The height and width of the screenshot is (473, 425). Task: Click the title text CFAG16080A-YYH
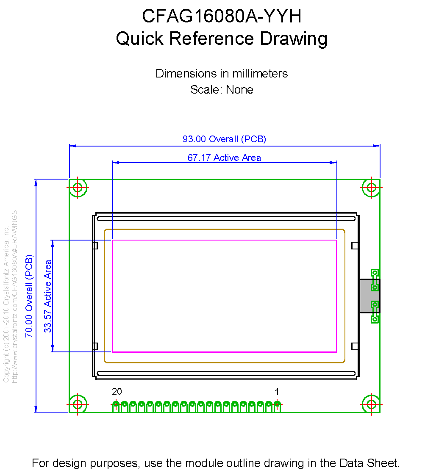pyautogui.click(x=222, y=17)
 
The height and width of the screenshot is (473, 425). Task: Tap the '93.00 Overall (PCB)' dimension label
pyautogui.click(x=224, y=139)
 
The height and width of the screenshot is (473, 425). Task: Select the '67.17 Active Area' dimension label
pyautogui.click(x=224, y=158)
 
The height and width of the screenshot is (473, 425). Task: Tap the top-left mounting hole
pyautogui.click(x=78, y=187)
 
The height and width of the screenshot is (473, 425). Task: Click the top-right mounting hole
pyautogui.click(x=372, y=187)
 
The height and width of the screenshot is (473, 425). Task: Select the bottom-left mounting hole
pyautogui.click(x=78, y=404)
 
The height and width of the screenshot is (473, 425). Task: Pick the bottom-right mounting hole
pyautogui.click(x=372, y=404)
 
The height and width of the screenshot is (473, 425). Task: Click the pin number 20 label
pyautogui.click(x=117, y=392)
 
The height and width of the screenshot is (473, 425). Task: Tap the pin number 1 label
pyautogui.click(x=277, y=392)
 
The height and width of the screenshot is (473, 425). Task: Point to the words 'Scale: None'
pyautogui.click(x=222, y=90)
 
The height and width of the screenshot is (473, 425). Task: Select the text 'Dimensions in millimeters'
pyautogui.click(x=222, y=73)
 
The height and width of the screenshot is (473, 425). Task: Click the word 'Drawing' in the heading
pyautogui.click(x=294, y=39)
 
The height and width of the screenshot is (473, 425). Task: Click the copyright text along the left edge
pyautogui.click(x=6, y=296)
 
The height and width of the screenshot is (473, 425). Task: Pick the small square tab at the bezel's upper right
pyautogui.click(x=356, y=245)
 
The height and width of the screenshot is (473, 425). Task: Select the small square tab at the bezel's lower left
pyautogui.click(x=95, y=346)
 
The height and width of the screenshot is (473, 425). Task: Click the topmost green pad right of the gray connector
pyautogui.click(x=374, y=273)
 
